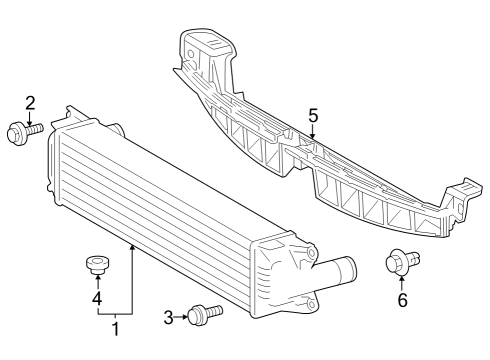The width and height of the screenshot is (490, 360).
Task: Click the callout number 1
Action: (x=116, y=328)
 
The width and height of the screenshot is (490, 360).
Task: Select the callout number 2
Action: (x=30, y=103)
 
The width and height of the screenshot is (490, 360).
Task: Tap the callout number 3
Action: (x=169, y=318)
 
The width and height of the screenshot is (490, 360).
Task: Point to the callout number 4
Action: (x=97, y=298)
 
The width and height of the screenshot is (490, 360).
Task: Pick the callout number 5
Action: (x=313, y=117)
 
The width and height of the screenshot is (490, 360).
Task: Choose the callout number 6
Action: (x=402, y=299)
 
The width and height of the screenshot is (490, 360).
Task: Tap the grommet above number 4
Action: (x=96, y=264)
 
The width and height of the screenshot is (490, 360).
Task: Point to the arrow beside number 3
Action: (x=184, y=318)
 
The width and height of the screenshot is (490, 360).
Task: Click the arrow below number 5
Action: (x=313, y=133)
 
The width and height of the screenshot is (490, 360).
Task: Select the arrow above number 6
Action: (x=402, y=282)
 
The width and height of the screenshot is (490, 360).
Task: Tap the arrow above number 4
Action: (x=97, y=282)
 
